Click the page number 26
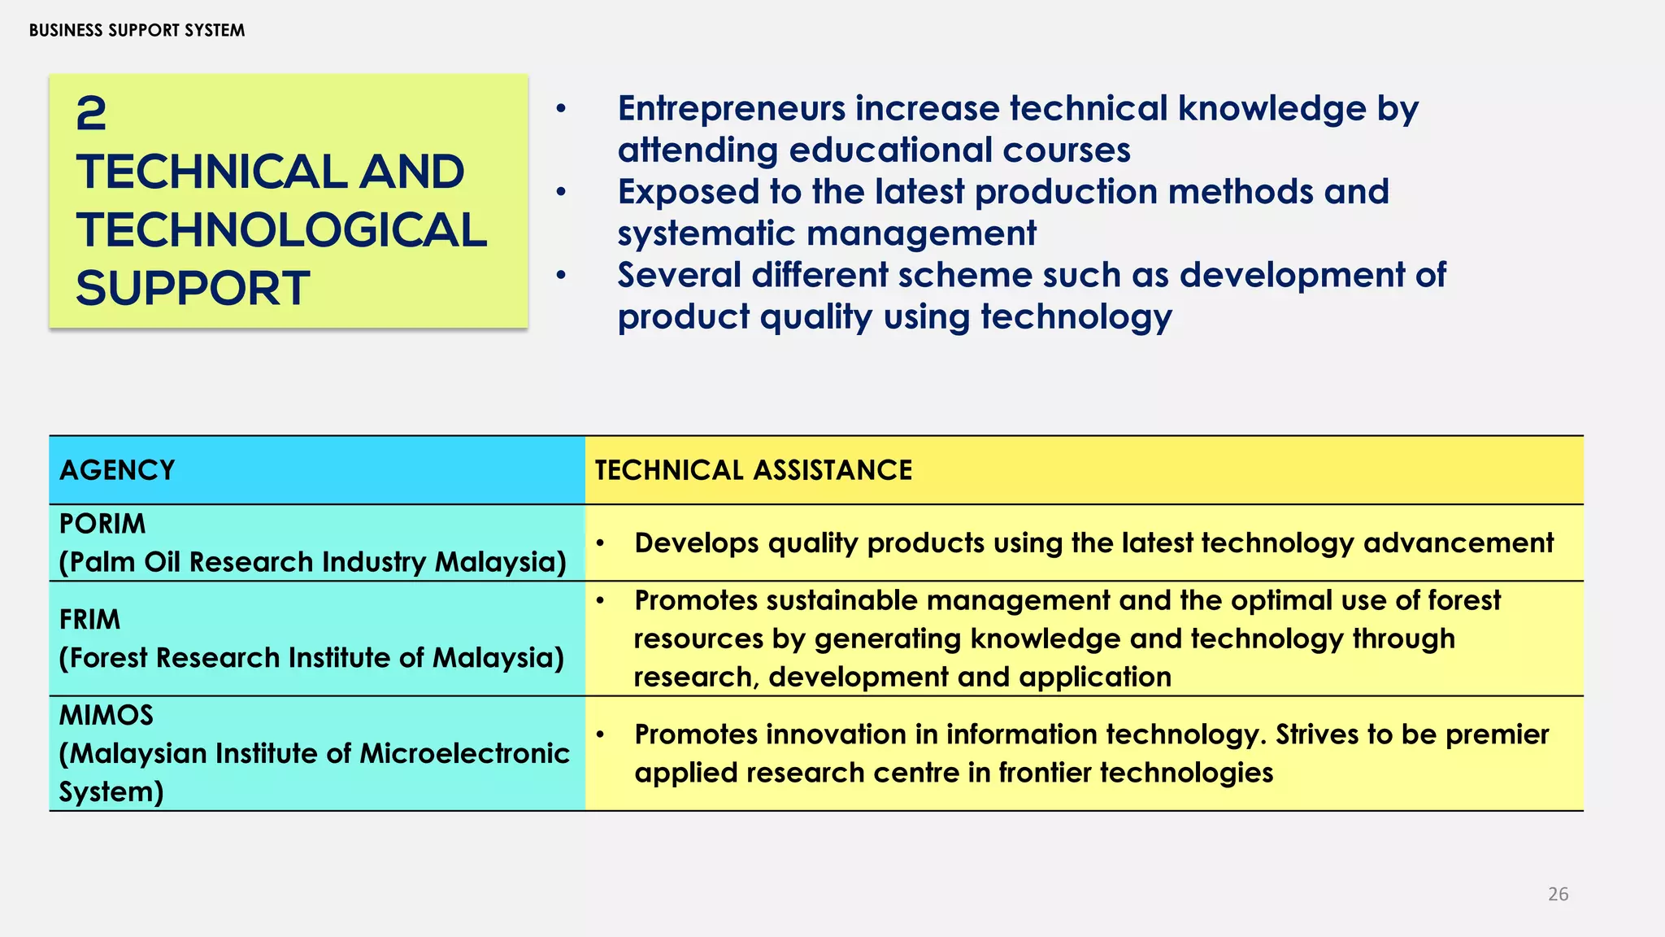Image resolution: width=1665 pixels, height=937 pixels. [x=1558, y=894]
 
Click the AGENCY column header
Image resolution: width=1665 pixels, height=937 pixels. [x=117, y=470]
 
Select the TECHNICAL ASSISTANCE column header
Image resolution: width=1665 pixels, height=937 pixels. [x=753, y=470]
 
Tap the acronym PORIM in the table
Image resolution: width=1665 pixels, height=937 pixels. [x=102, y=524]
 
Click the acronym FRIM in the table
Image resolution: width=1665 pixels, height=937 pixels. [x=89, y=620]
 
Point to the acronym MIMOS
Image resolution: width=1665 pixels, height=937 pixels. [x=106, y=716]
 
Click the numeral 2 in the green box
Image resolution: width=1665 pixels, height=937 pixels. [x=91, y=114]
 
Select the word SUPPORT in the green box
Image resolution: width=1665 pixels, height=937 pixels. [x=193, y=289]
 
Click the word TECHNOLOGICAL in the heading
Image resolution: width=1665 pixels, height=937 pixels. [x=281, y=230]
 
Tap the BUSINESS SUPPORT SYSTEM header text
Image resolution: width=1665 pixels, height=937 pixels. [x=137, y=31]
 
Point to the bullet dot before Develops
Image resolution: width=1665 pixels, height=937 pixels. [x=600, y=543]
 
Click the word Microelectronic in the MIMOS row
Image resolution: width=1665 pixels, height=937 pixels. [x=464, y=754]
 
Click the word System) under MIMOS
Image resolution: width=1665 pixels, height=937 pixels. [x=111, y=792]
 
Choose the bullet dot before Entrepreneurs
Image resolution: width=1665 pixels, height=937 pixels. [x=560, y=109]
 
